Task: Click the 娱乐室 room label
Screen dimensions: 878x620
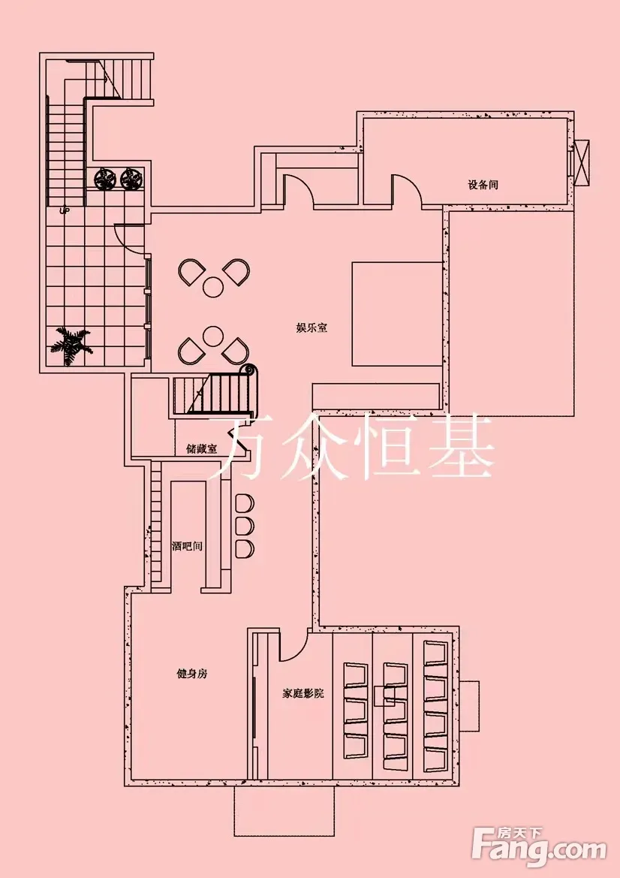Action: [312, 328]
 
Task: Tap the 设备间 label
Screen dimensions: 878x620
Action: [483, 184]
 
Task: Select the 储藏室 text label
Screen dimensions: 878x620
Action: [201, 449]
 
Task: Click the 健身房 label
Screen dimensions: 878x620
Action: [191, 674]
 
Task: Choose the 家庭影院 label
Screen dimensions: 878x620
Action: [303, 693]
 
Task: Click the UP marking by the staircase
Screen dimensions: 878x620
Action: [65, 211]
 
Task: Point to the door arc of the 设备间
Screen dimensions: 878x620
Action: [406, 189]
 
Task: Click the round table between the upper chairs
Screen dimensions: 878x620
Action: [214, 286]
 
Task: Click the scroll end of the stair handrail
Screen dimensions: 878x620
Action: [248, 370]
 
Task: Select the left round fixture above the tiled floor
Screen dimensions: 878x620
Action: [104, 178]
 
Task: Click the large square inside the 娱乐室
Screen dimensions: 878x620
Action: [396, 314]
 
